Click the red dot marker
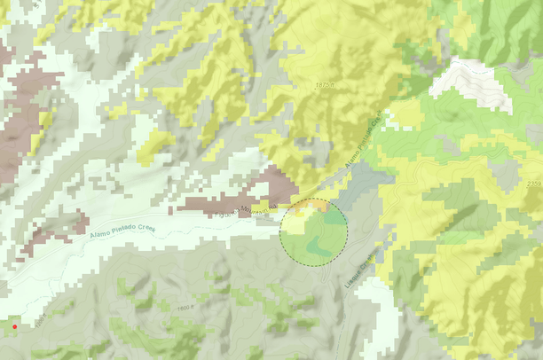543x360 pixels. tap(14, 327)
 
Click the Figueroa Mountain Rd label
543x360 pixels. tap(252, 212)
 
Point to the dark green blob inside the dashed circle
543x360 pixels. tap(324, 242)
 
